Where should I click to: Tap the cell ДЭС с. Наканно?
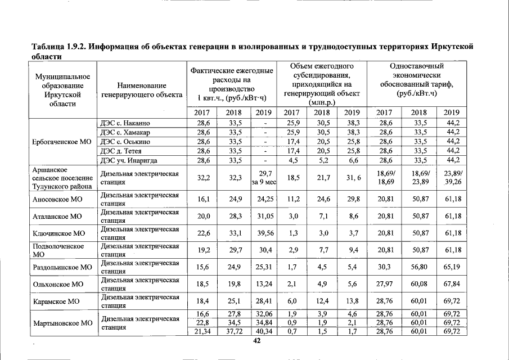(124, 123)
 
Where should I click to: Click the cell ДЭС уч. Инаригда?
(128, 160)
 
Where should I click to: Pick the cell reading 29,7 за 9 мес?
(264, 178)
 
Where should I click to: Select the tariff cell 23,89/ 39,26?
(452, 178)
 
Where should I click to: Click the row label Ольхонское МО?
(58, 284)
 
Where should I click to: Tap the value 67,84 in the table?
(452, 284)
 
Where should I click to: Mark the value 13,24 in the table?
(264, 284)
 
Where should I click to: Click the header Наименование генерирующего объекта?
(142, 91)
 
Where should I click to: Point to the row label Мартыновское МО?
(62, 323)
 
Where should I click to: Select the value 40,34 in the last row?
(264, 331)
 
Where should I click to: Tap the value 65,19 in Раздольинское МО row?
(452, 267)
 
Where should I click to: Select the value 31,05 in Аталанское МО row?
(264, 216)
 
